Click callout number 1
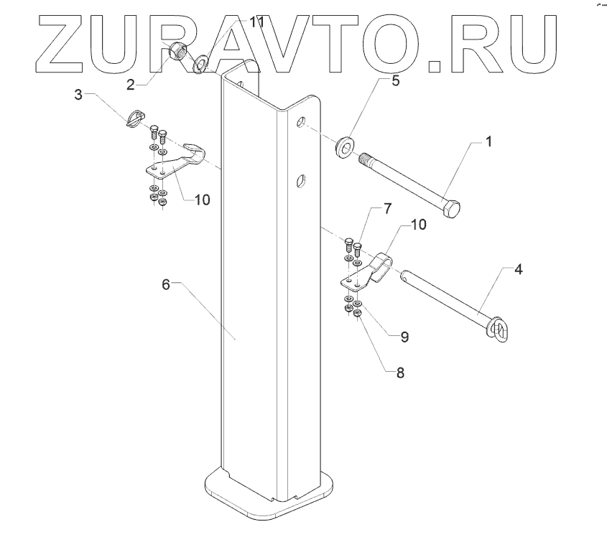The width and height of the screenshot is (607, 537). [488, 142]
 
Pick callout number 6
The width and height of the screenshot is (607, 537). [165, 284]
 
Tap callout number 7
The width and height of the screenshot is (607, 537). [387, 209]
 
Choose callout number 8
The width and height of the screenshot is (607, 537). [400, 372]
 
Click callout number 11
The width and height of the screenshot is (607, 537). [256, 23]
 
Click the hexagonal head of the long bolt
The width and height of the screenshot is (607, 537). [452, 210]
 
